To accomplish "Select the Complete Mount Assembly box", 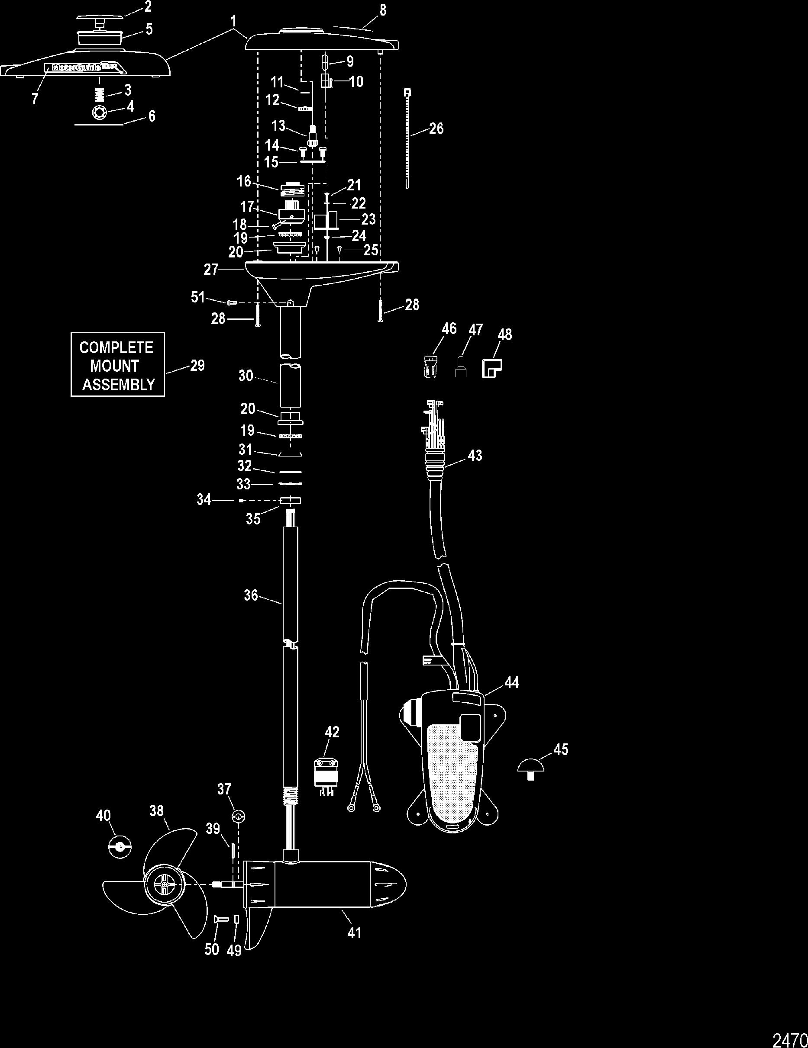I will (x=118, y=365).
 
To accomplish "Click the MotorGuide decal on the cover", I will (x=84, y=68).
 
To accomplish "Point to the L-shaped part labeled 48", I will (x=491, y=368).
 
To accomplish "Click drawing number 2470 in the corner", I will (x=789, y=1038).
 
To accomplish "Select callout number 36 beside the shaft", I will (x=251, y=595).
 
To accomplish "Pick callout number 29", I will (x=197, y=366).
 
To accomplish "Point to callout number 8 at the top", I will (x=383, y=10).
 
